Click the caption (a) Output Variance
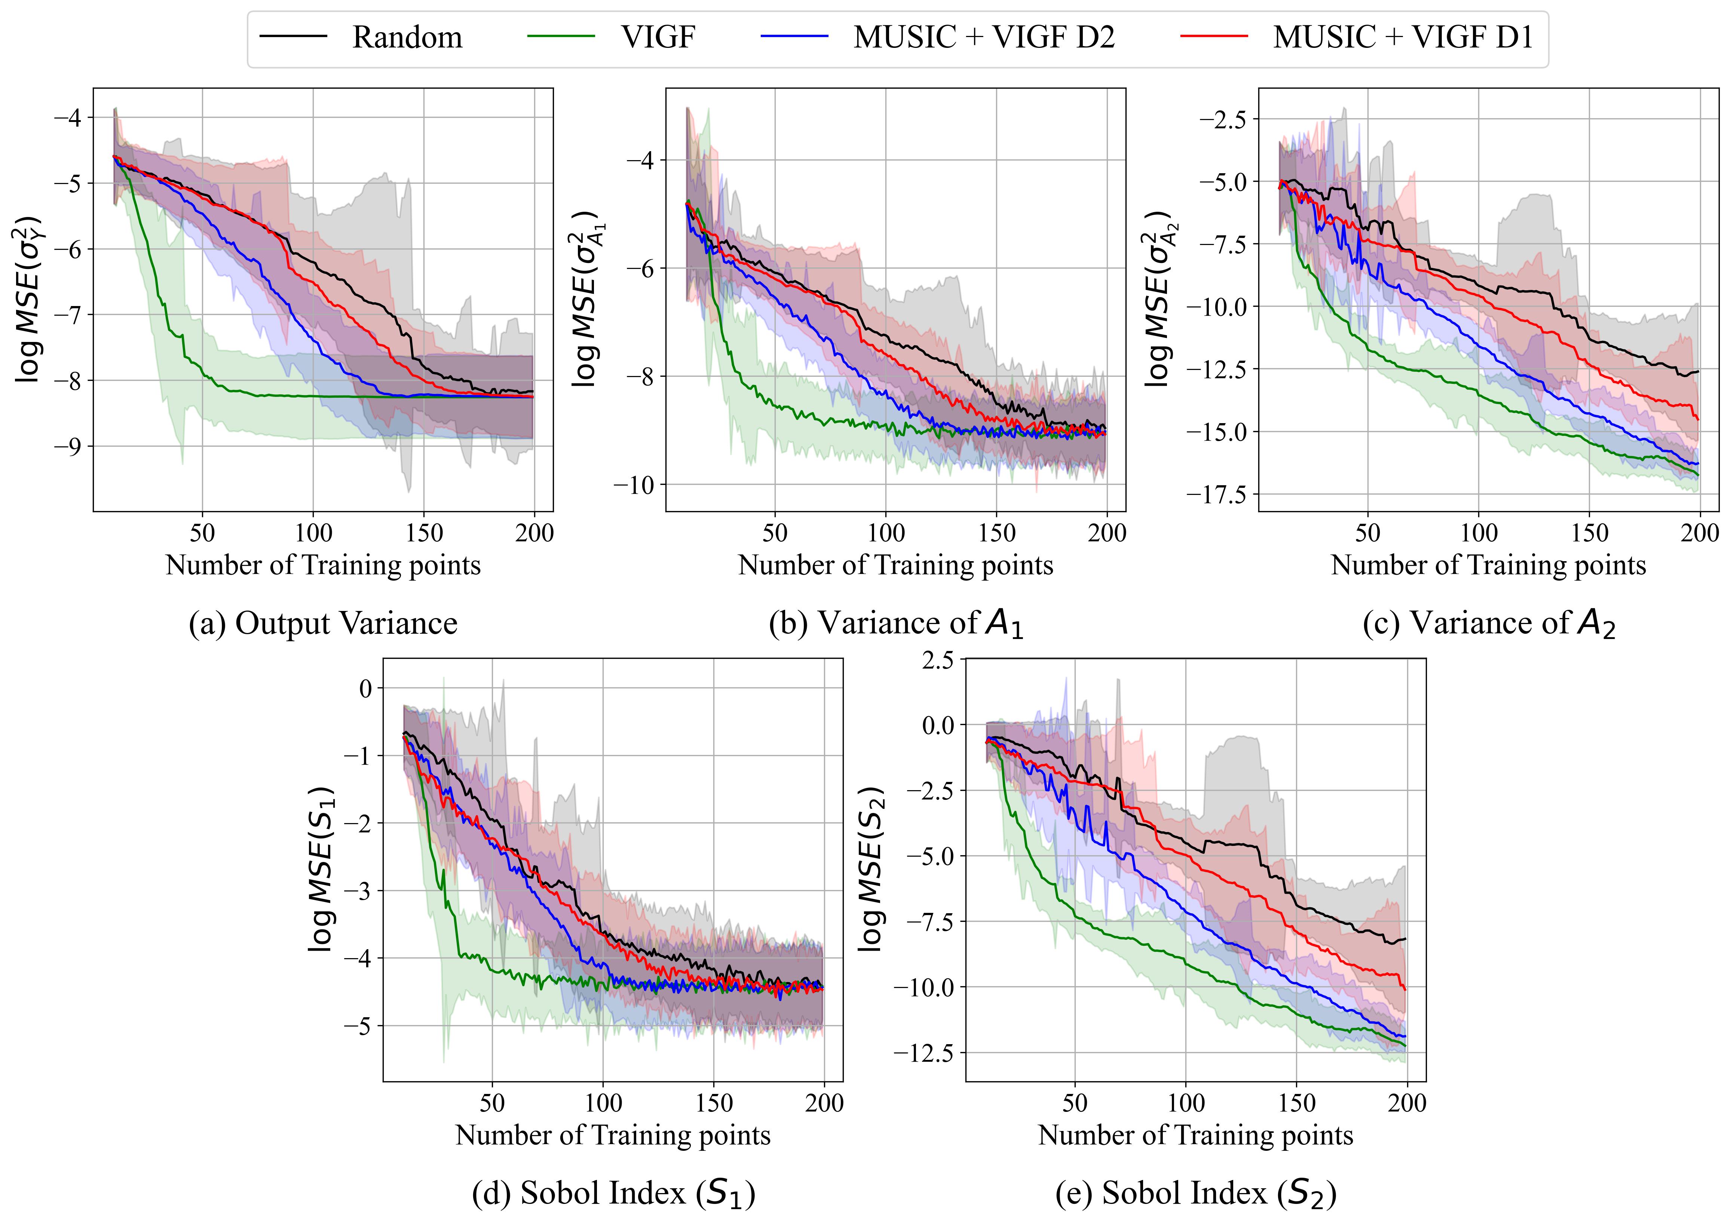[323, 624]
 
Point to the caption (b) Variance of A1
[896, 624]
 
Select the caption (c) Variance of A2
[1489, 624]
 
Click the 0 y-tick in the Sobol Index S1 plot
[367, 688]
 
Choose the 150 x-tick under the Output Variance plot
[424, 533]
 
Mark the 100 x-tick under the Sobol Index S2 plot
[1186, 1103]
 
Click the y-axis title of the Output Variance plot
[29, 300]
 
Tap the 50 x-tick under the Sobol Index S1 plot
[492, 1103]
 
